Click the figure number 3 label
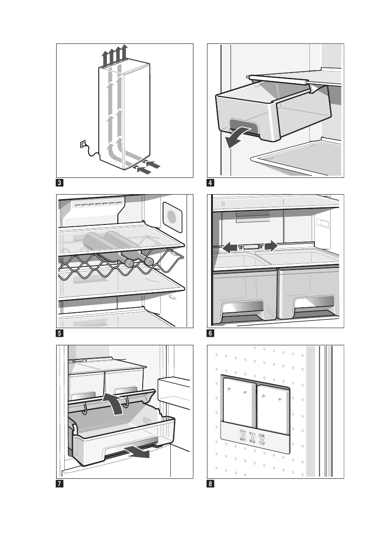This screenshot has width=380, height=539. click(60, 184)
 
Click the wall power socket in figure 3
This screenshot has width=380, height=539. click(83, 144)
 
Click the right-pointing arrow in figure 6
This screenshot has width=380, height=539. click(269, 245)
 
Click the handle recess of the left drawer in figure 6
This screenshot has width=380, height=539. click(242, 308)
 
